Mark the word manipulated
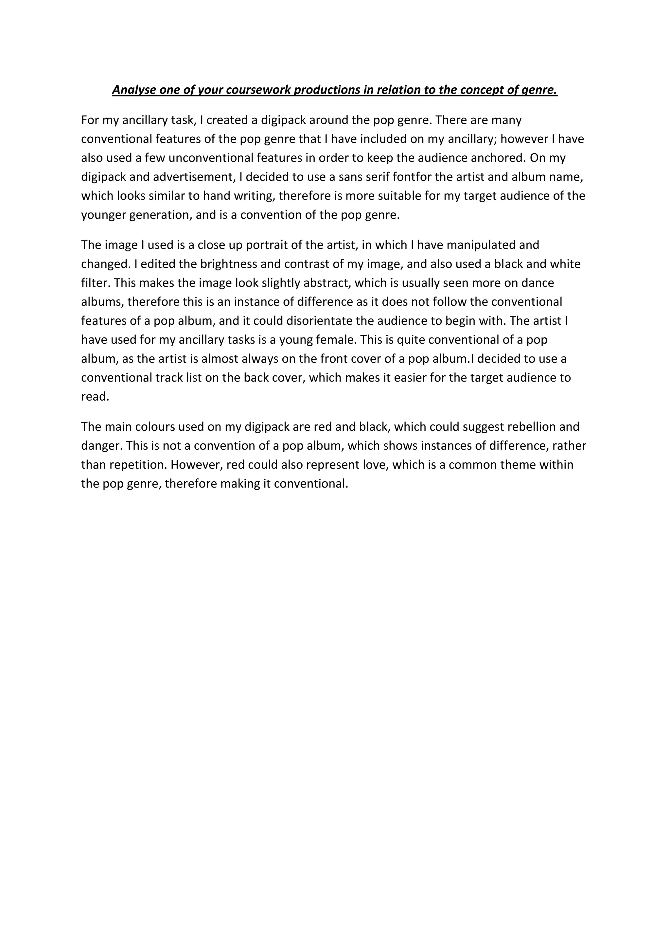point(481,245)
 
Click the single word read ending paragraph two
point(95,397)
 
